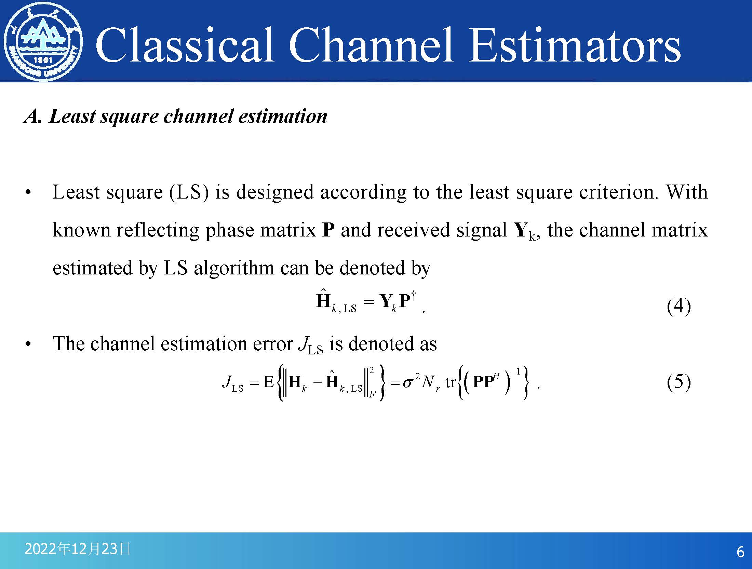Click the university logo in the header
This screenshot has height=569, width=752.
43,42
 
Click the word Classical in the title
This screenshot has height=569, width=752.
185,45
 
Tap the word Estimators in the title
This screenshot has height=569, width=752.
574,45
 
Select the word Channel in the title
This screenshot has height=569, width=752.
371,45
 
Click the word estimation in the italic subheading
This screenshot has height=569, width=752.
283,116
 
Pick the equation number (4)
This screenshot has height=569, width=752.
679,306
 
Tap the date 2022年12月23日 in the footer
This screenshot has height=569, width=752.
78,549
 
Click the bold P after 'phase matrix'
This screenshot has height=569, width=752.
328,230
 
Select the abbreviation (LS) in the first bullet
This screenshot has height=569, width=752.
189,192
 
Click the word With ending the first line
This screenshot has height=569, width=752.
687,192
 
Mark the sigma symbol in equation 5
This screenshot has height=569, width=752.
407,383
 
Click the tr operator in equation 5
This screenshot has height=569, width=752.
451,382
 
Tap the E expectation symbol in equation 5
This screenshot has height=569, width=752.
269,381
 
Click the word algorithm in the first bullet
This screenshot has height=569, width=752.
234,269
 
